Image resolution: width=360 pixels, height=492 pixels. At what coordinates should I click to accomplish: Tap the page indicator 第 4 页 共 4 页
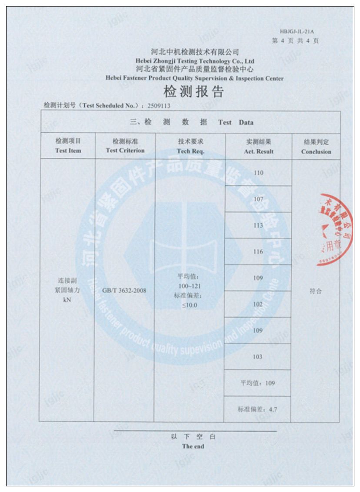(295, 41)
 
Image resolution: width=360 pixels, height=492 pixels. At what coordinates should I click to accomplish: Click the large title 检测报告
(193, 92)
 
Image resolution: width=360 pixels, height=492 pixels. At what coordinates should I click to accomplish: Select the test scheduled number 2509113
(159, 105)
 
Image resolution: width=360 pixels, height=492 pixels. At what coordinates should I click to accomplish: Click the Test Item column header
(68, 146)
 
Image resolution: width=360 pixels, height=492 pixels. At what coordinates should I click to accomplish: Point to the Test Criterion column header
(125, 146)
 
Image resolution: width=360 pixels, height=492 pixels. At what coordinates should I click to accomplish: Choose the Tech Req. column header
(190, 146)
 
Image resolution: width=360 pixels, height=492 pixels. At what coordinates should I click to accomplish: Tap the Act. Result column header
(259, 147)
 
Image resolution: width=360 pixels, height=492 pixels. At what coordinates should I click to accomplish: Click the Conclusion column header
(316, 147)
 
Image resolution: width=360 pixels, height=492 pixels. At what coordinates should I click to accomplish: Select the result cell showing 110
(258, 173)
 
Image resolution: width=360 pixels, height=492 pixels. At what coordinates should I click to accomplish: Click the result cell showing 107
(258, 199)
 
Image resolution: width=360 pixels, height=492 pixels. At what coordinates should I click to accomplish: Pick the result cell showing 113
(258, 225)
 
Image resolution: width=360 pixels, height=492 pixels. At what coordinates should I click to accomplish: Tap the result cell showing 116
(258, 252)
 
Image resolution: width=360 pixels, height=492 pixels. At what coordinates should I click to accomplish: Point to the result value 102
(258, 305)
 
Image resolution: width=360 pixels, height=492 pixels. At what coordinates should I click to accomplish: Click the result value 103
(258, 357)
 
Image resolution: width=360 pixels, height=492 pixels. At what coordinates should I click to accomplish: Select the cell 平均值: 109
(258, 383)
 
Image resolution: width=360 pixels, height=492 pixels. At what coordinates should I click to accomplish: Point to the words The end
(193, 446)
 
